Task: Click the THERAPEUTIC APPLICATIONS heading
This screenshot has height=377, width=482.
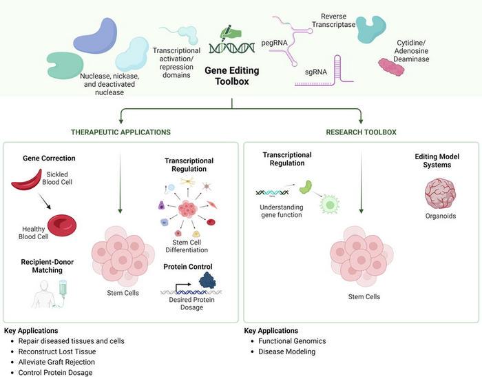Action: (121, 132)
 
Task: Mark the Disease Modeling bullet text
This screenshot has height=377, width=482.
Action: (287, 351)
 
